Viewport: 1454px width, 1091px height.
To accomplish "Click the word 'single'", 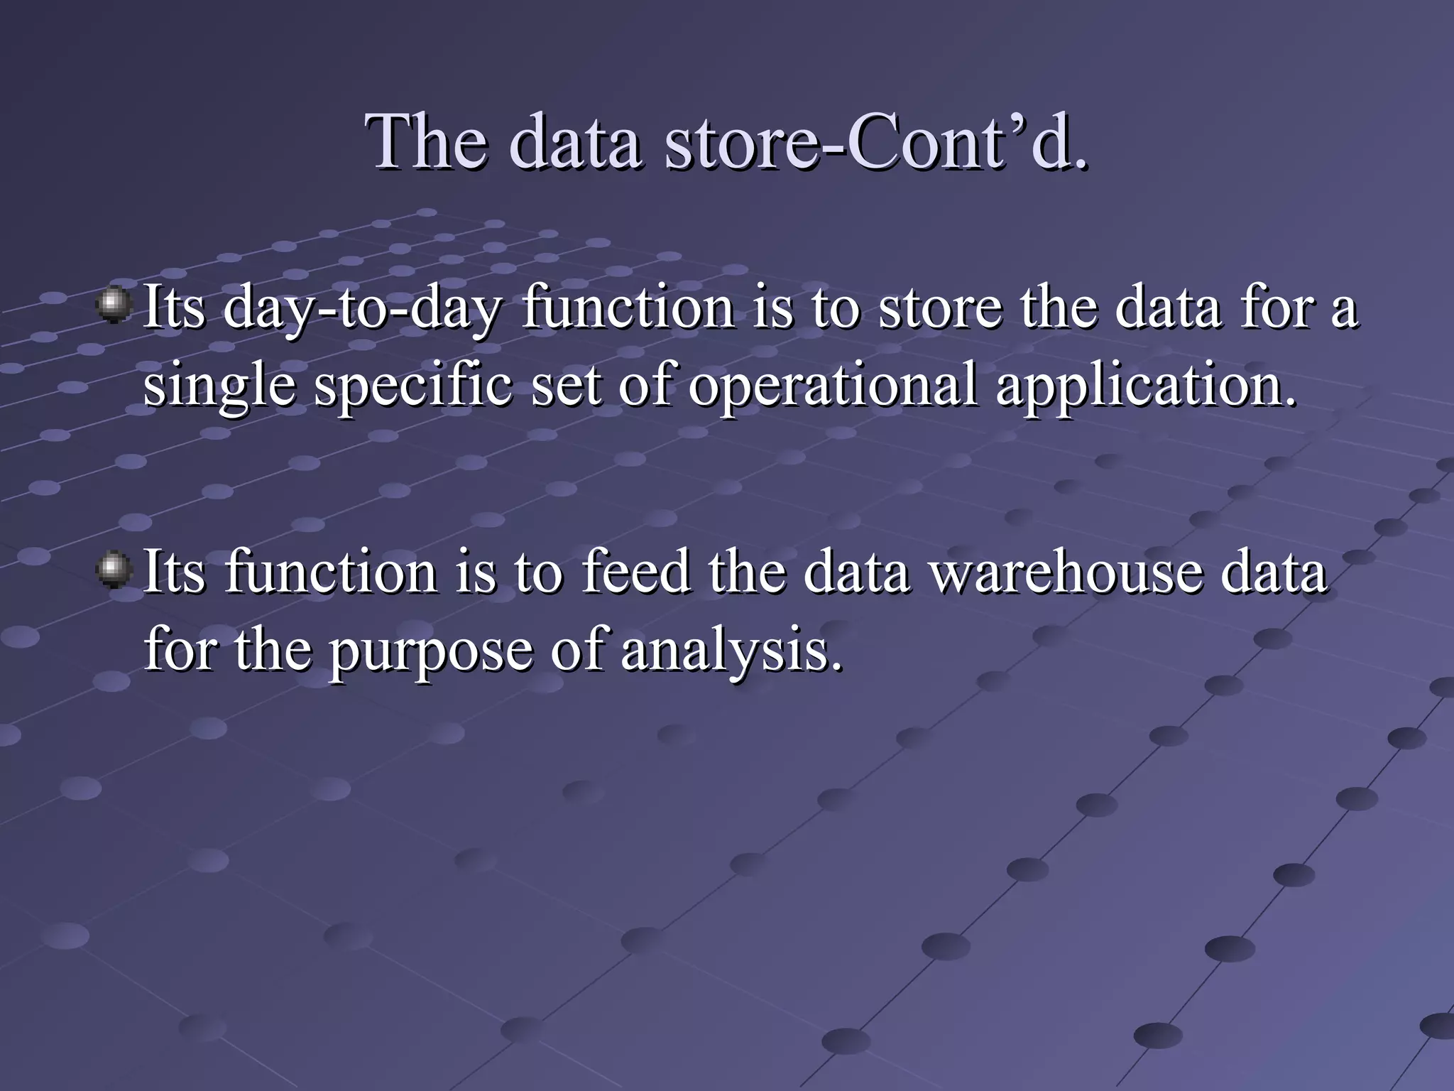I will tap(219, 388).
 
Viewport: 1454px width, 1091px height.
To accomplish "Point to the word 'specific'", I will tap(412, 388).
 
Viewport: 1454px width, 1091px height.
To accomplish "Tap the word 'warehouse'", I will tap(1066, 572).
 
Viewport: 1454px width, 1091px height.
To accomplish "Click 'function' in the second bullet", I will tap(332, 572).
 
